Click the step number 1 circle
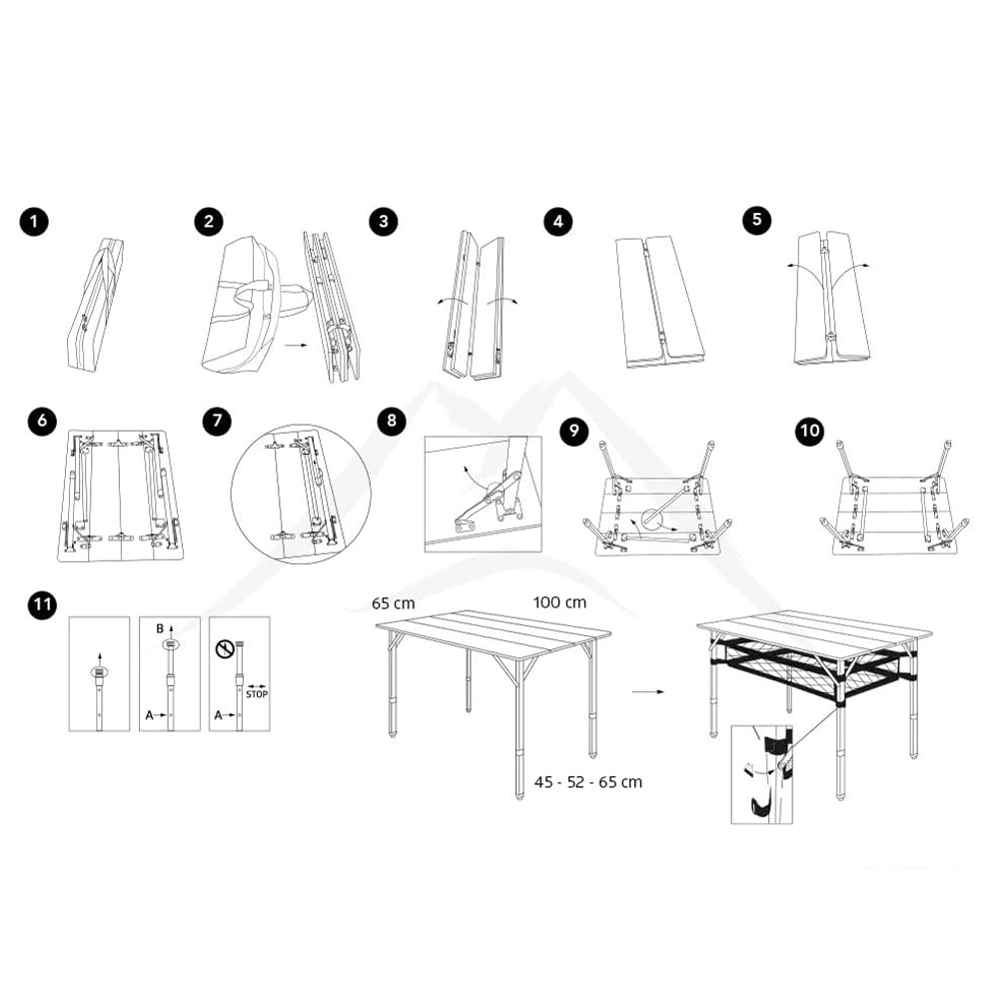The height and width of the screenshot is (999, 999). [34, 222]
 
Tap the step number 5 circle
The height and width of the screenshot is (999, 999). [757, 220]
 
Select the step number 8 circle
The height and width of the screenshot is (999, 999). [392, 421]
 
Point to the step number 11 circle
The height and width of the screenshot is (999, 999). [42, 604]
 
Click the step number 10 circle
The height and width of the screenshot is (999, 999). [810, 432]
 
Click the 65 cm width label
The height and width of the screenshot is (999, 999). [393, 603]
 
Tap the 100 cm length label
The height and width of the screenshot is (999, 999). [559, 602]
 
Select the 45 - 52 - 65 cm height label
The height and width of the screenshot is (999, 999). [588, 782]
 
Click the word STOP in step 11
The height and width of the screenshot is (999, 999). [257, 694]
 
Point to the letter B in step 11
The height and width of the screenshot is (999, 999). [159, 628]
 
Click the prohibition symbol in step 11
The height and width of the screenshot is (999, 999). [225, 649]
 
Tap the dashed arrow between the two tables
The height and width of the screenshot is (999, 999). [648, 692]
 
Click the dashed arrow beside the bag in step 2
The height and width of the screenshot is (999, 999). [296, 346]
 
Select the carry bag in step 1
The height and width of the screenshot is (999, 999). [96, 304]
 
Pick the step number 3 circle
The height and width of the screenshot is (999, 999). [383, 221]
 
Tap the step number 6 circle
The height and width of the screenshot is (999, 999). [42, 421]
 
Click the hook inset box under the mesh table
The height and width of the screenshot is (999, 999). [761, 774]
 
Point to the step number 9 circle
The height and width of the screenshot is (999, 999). [573, 432]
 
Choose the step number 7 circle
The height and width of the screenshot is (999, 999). [217, 421]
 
